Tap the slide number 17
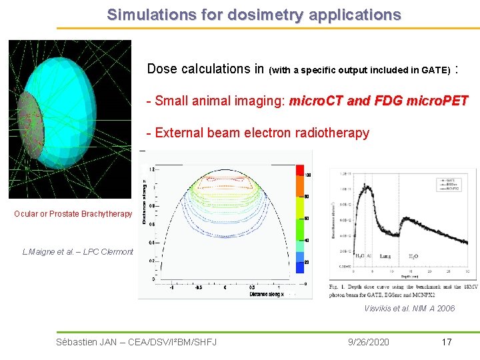[447, 342]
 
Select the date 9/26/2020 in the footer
[369, 342]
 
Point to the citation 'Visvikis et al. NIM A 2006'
[409, 308]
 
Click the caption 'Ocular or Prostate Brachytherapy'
[73, 214]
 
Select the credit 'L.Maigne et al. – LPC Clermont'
[78, 252]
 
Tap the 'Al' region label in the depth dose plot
[369, 256]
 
